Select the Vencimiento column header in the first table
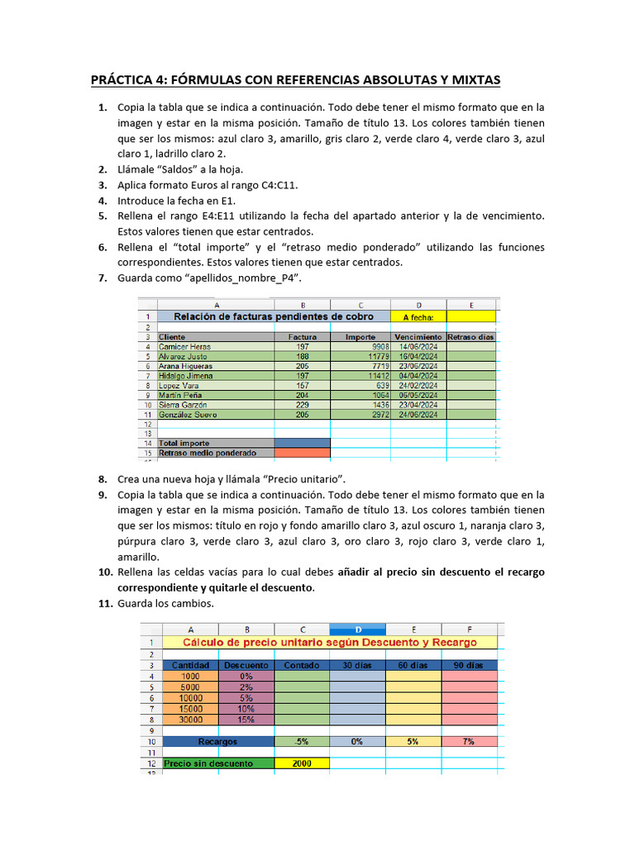point(418,337)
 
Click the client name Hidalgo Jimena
point(187,375)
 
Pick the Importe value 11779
point(361,356)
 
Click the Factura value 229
point(303,405)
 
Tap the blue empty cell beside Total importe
point(303,443)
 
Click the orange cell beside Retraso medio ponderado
point(303,453)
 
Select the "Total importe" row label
point(185,443)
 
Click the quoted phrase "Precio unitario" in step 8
point(306,479)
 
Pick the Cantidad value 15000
point(191,708)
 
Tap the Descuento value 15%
point(246,719)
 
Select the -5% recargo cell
point(301,741)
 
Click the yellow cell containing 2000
point(301,763)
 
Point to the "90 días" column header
point(469,665)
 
